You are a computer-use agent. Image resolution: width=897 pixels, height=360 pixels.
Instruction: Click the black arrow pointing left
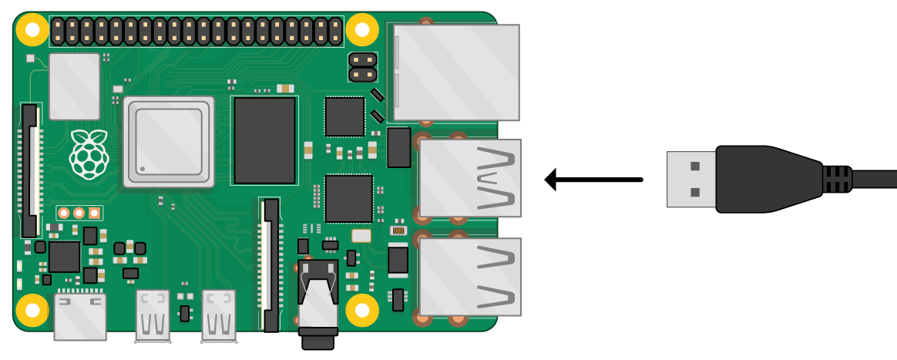[x=593, y=180]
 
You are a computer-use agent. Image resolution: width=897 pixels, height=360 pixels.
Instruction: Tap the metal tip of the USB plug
[x=691, y=179]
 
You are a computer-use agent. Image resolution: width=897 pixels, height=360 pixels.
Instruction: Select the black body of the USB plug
[x=763, y=179]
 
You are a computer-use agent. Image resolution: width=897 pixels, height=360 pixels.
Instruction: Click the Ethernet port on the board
[x=455, y=72]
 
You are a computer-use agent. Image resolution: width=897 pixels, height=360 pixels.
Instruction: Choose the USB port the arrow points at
[x=470, y=178]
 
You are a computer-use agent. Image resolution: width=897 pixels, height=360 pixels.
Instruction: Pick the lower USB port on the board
[x=470, y=277]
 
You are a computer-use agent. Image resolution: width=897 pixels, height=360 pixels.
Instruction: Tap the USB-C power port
[x=80, y=316]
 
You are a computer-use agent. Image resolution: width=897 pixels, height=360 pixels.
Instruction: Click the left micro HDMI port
[x=153, y=315]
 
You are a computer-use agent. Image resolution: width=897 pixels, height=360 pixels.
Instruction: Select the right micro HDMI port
[x=218, y=315]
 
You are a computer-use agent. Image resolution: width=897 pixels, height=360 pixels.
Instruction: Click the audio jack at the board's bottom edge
[x=318, y=308]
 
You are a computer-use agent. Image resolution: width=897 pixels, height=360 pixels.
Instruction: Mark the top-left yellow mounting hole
[x=32, y=30]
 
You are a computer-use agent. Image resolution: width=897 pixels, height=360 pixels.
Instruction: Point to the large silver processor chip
[x=169, y=142]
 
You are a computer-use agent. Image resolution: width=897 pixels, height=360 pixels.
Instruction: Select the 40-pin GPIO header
[x=196, y=31]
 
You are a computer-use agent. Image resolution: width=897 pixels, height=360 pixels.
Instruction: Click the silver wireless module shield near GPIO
[x=75, y=86]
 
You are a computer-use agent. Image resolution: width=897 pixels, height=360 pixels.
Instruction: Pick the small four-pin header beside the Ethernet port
[x=362, y=67]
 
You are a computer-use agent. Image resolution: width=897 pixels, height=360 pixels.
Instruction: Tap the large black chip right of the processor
[x=264, y=140]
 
